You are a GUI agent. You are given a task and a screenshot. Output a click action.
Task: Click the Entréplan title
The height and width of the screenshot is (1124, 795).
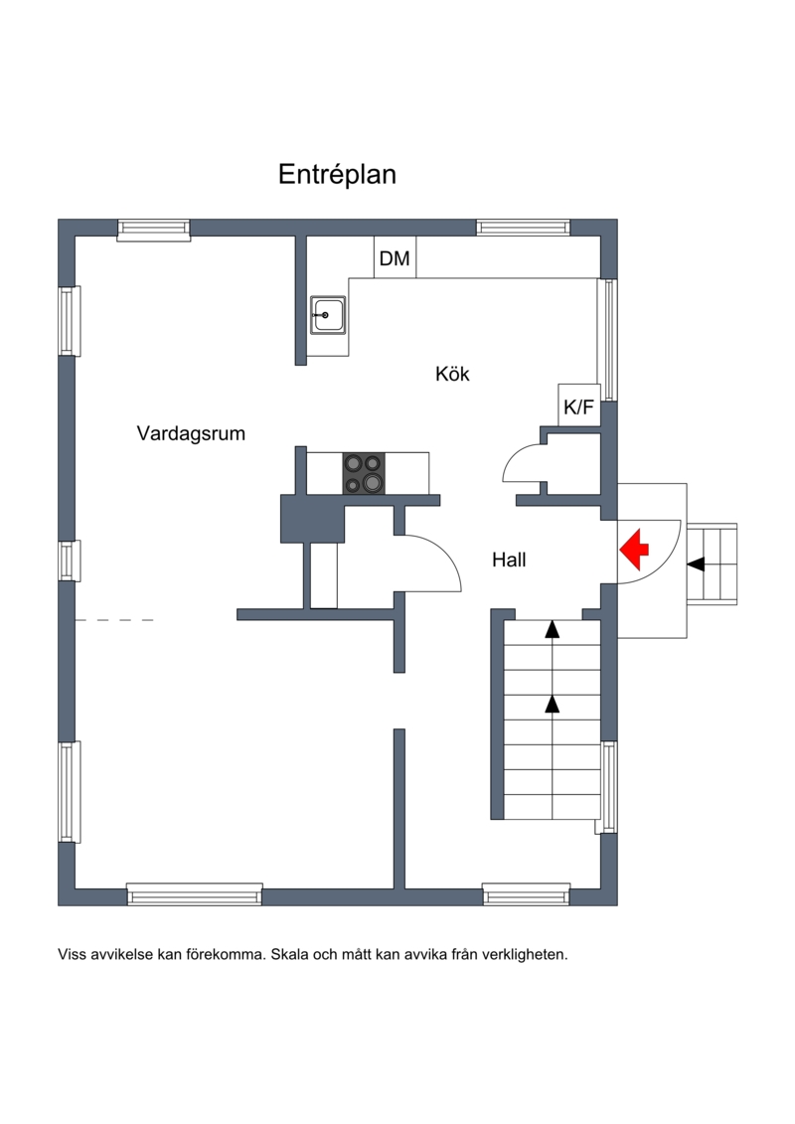point(337,174)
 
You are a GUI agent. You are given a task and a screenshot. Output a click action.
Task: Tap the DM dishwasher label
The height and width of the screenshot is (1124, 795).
point(395,258)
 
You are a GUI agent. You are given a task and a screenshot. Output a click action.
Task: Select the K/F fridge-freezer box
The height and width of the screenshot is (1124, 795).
point(579,405)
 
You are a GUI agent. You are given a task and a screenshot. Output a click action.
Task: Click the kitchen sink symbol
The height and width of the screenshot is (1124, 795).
point(328,315)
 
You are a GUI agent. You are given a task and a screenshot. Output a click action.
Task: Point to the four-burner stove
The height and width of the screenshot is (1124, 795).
point(364,474)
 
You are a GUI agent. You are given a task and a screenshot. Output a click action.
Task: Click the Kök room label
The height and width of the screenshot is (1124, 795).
point(452,374)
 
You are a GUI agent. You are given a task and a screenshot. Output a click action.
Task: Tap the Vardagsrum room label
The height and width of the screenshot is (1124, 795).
point(191,433)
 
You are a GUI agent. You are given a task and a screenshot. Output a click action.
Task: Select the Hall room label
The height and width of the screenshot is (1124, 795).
point(509,560)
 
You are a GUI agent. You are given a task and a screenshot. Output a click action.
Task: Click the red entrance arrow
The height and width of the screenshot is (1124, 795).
point(634,550)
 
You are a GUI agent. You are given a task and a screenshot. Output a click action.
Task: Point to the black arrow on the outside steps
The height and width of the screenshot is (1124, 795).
point(696,564)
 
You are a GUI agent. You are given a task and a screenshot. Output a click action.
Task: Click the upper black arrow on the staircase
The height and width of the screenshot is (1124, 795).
point(552,629)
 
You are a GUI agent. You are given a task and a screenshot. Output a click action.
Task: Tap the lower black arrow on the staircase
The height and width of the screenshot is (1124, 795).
point(552,704)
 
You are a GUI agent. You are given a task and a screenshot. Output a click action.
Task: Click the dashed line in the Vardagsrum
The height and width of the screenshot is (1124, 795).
point(114,620)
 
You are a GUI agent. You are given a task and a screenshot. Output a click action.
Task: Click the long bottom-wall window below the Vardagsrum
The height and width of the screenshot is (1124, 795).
point(194,894)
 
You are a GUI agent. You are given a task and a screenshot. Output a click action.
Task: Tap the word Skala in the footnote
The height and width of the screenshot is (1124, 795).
point(286,954)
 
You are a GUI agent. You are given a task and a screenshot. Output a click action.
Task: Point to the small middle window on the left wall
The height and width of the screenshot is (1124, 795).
point(69,561)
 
